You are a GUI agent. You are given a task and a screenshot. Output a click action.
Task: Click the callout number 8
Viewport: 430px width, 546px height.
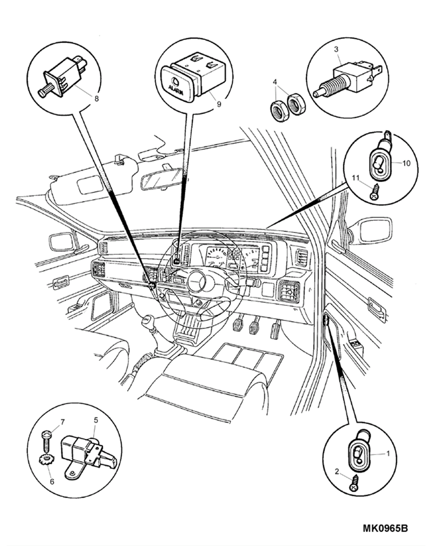pyautogui.click(x=96, y=99)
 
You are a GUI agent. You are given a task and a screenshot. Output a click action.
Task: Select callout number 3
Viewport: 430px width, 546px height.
pyautogui.click(x=336, y=49)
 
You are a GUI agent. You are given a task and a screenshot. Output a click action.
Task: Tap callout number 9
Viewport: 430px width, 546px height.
pyautogui.click(x=219, y=104)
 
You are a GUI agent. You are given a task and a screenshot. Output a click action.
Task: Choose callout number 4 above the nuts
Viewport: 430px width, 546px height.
pyautogui.click(x=275, y=82)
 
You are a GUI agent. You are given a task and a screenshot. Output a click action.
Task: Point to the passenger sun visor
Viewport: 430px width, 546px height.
pyautogui.click(x=90, y=186)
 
